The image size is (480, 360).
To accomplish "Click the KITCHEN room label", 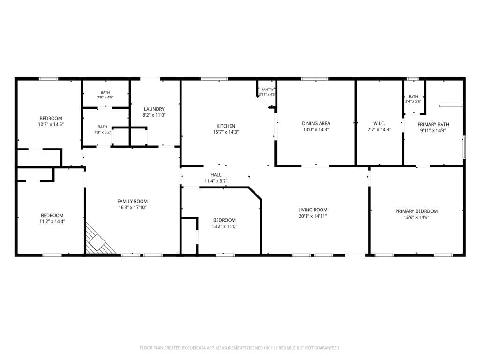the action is (x=226, y=126).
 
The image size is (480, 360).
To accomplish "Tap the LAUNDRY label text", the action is (x=154, y=109).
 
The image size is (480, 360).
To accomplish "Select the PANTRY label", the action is (x=267, y=90).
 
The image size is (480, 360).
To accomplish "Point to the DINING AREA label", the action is (x=316, y=123).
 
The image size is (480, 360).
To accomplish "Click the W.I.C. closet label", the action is (x=379, y=123).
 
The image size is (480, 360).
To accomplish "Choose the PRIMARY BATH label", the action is (x=433, y=124).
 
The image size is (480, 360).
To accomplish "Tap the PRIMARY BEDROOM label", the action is (x=416, y=211).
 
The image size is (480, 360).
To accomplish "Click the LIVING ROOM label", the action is (x=313, y=210).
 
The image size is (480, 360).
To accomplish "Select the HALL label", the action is (x=216, y=175).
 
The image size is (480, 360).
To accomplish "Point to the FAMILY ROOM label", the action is (x=132, y=201).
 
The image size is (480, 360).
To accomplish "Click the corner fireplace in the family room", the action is (x=98, y=240).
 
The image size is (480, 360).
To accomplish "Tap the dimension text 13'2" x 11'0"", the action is (x=225, y=226).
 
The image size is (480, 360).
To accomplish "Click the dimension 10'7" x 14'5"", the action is (x=51, y=124).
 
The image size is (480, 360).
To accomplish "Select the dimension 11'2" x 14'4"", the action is (x=52, y=221).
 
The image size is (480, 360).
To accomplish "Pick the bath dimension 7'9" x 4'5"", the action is (x=105, y=97).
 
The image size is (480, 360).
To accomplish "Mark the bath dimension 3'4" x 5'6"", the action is (x=413, y=101).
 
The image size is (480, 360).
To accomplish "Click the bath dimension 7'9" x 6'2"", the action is (x=103, y=133).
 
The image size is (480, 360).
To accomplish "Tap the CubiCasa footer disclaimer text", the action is (x=240, y=348).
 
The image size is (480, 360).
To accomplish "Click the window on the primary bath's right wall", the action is (x=464, y=147).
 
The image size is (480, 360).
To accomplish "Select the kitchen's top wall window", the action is (x=214, y=79).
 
